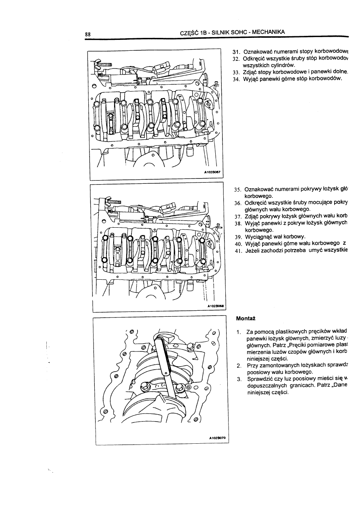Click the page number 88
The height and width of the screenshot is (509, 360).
click(x=87, y=34)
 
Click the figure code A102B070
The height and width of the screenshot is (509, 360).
click(x=216, y=437)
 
